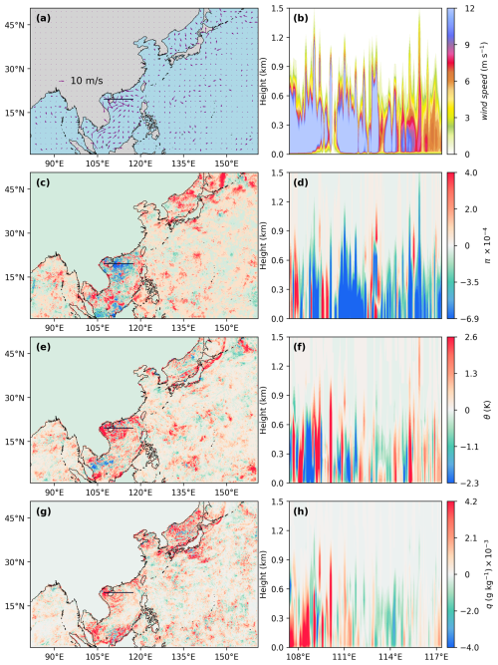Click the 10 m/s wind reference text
click(x=85, y=79)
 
